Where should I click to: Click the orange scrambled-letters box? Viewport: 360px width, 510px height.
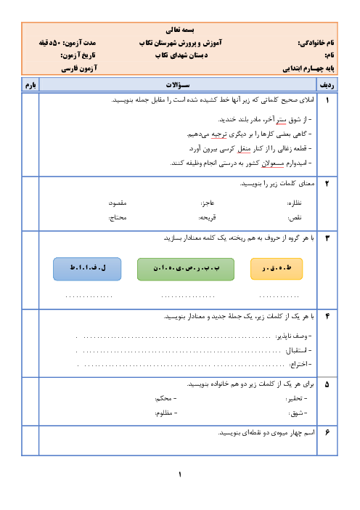(277, 269)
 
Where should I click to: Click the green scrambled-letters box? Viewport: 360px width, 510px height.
(186, 269)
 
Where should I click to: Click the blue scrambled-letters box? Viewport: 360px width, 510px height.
(87, 269)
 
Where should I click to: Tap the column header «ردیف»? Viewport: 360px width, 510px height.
(327, 85)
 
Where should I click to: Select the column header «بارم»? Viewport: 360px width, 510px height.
(30, 85)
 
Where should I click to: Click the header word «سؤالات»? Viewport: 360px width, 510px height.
(178, 85)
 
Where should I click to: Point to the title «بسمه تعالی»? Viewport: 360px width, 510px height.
(180, 31)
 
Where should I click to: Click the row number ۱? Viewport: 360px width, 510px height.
(327, 100)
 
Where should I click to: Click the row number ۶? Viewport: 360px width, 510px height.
(327, 432)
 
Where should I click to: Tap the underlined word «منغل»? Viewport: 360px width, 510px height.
(244, 149)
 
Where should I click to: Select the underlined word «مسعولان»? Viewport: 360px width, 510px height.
(273, 163)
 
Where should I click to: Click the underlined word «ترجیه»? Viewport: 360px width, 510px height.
(219, 134)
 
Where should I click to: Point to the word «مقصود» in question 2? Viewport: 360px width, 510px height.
(118, 203)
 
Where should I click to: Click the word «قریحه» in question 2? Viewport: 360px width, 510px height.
(208, 217)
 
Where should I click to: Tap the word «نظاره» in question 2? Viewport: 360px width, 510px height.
(295, 203)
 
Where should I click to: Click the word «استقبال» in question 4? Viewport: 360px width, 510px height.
(297, 350)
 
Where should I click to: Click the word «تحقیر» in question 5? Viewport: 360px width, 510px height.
(295, 398)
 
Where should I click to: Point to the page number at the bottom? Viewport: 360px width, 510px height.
(180, 474)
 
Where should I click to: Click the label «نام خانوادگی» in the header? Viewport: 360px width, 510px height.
(316, 43)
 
